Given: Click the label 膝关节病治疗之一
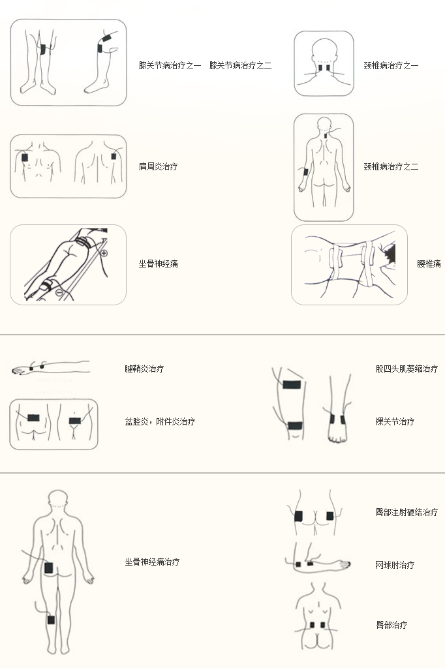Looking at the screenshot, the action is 170,65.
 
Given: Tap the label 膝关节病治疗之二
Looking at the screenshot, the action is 240,65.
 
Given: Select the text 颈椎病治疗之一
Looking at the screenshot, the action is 391,65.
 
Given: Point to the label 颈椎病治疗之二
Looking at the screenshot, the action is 391,166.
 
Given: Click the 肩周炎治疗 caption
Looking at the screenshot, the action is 158,166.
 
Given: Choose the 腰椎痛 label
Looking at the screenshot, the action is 429,264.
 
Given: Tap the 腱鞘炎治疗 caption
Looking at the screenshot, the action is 144,369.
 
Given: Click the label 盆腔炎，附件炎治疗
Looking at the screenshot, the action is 160,421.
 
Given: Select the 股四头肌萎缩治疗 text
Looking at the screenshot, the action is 407,369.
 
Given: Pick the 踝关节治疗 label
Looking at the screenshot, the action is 395,421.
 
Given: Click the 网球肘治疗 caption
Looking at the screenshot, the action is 395,565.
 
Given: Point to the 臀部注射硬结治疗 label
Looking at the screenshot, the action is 407,512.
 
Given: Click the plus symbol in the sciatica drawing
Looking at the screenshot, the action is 104,253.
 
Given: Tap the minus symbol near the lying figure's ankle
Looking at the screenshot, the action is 59,292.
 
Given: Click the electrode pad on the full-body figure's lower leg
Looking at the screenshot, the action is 51,620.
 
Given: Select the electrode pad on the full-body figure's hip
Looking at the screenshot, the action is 48,568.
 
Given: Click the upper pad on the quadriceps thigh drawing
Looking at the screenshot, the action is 292,385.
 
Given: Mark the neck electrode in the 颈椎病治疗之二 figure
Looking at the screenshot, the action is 326,136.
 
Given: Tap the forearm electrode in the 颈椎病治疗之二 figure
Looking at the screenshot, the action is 305,172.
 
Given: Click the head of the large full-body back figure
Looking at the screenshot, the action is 58,499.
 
